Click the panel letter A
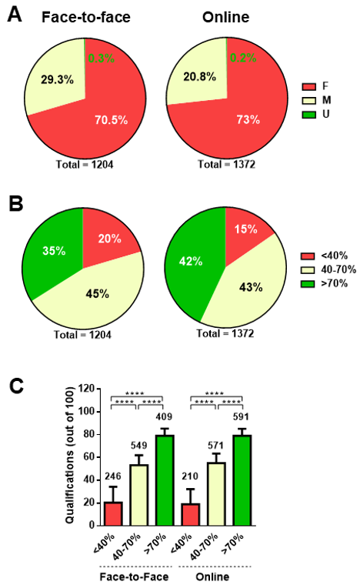(15, 15)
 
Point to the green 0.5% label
(101, 58)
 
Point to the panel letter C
(15, 386)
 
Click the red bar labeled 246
(113, 513)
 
